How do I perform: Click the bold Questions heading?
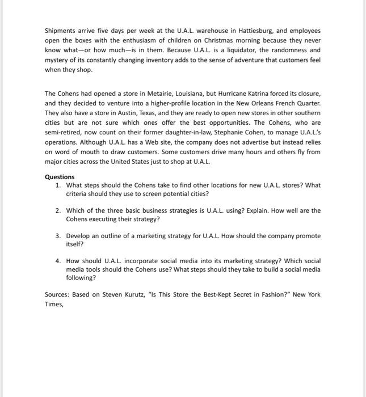[60, 176]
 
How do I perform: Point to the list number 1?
[58, 185]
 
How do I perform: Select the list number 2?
[58, 210]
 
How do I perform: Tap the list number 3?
[58, 235]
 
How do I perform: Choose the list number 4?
[58, 261]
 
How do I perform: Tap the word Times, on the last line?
[54, 304]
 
